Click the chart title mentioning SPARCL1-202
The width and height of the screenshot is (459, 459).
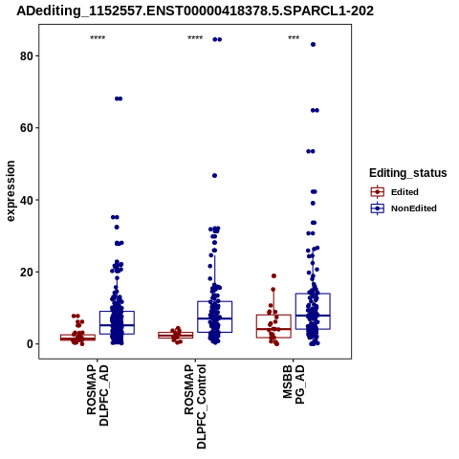click(x=195, y=11)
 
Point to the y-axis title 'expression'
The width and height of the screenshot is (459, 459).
click(x=11, y=191)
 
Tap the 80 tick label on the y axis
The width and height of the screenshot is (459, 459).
click(x=27, y=56)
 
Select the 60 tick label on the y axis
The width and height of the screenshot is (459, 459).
click(x=27, y=128)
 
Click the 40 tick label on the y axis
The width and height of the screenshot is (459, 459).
click(x=27, y=200)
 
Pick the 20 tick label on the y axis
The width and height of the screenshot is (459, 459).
click(x=27, y=273)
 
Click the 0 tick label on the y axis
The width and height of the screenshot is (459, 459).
click(x=30, y=344)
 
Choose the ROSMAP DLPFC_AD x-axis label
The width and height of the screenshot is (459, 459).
click(x=98, y=395)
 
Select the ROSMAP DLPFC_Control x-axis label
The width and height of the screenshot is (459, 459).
click(x=195, y=406)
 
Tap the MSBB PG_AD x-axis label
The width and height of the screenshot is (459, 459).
click(x=294, y=384)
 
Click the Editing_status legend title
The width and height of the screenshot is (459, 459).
click(x=408, y=173)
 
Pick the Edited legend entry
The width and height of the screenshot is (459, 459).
click(x=395, y=192)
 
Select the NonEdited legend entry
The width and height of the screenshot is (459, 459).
click(x=404, y=208)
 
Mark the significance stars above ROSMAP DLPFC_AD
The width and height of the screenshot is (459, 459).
click(x=98, y=38)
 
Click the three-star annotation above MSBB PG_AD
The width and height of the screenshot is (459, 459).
click(x=294, y=38)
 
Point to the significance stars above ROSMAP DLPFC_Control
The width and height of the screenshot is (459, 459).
click(x=195, y=38)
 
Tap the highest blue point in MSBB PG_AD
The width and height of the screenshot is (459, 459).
click(x=313, y=45)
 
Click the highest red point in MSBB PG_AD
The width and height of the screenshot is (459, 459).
click(x=273, y=276)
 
